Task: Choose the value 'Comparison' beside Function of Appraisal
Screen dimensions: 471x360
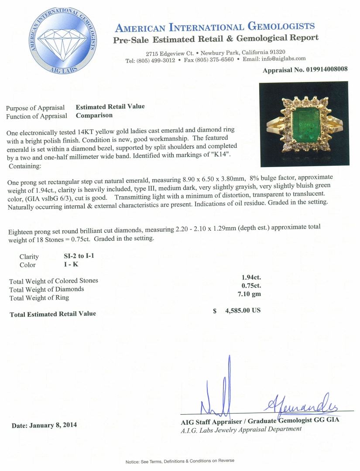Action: click(94, 116)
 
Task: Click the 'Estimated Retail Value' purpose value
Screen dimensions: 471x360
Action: click(110, 106)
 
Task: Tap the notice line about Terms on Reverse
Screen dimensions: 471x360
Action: click(180, 461)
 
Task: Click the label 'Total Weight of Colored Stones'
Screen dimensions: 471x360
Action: click(54, 280)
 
